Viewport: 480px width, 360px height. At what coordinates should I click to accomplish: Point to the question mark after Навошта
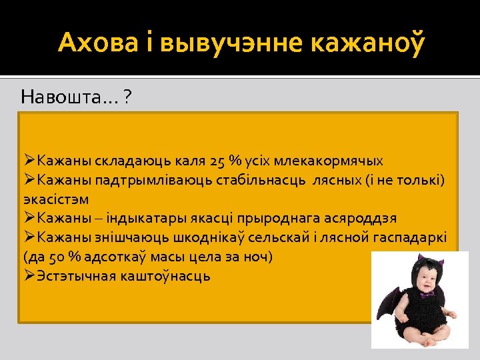click(x=127, y=98)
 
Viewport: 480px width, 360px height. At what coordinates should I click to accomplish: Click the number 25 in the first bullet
click(x=217, y=161)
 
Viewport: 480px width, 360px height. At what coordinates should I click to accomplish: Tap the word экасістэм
click(x=56, y=199)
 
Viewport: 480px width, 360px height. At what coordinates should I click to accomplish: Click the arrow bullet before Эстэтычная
click(x=29, y=275)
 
